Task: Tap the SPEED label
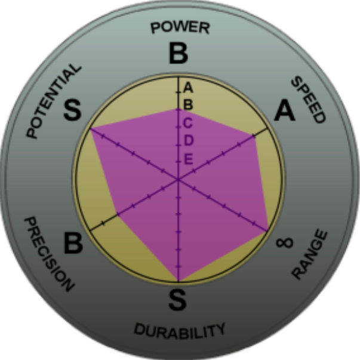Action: [308, 99]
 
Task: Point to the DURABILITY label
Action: [179, 330]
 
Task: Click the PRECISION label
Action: [49, 254]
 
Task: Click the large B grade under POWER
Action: [178, 54]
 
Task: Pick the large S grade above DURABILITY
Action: [177, 300]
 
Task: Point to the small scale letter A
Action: [188, 87]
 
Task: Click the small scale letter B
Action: [188, 104]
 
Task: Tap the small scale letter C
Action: [188, 123]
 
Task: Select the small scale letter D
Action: [188, 141]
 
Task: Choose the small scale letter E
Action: [188, 159]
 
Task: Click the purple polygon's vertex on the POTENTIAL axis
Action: [91, 128]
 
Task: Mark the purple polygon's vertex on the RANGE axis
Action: [267, 230]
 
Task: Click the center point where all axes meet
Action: [178, 179]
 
